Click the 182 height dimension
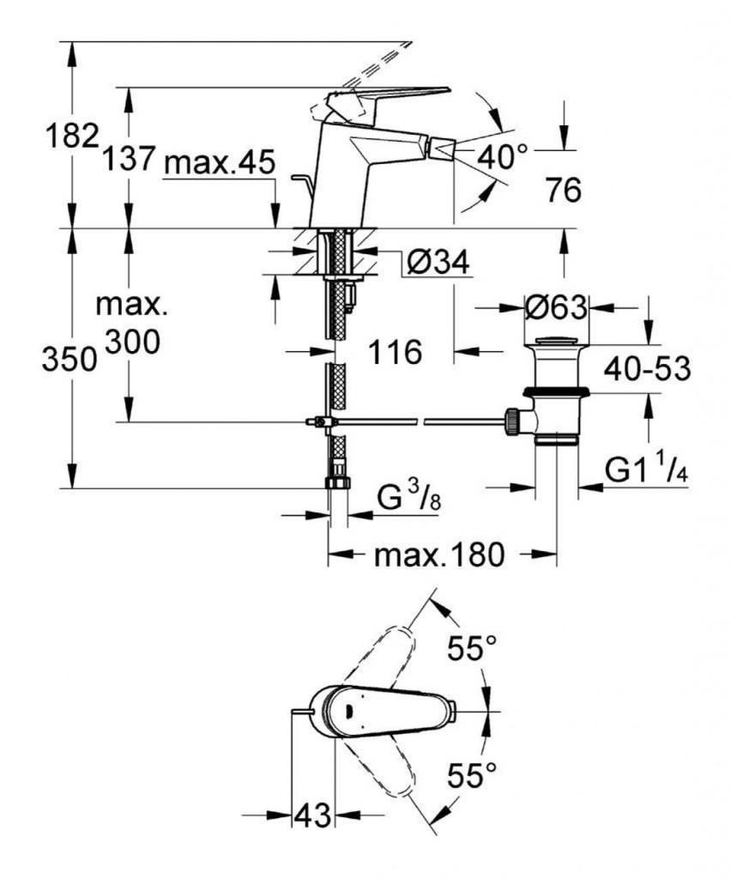[71, 136]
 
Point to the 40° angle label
[502, 157]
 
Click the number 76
[563, 191]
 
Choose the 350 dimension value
[69, 361]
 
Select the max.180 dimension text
[438, 556]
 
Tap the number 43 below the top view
[312, 815]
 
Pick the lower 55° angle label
[471, 777]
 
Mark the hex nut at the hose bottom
[337, 483]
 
